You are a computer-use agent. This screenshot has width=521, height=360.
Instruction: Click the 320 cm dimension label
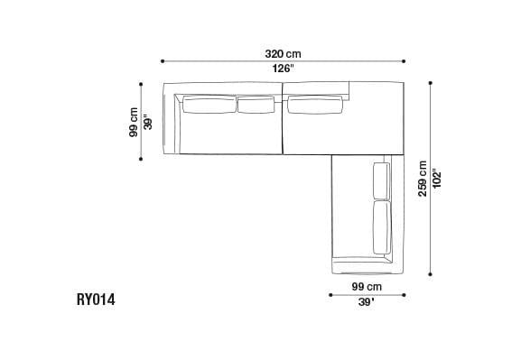click(x=283, y=53)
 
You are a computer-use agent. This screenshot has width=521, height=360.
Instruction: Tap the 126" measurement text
click(x=283, y=69)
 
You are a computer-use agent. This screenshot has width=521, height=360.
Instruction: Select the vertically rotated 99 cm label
click(x=134, y=122)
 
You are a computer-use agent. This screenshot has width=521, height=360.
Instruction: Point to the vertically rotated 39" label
click(x=149, y=122)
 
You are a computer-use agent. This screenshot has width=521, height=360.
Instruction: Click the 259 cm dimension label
click(x=423, y=178)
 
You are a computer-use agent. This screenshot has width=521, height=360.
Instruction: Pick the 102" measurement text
click(x=438, y=178)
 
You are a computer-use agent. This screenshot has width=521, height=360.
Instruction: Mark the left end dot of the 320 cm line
click(x=163, y=61)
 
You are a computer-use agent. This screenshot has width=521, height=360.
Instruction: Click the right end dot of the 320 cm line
click(x=405, y=61)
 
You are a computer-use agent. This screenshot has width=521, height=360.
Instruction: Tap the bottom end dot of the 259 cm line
click(x=431, y=273)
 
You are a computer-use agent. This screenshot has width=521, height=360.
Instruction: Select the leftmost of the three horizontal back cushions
click(x=209, y=105)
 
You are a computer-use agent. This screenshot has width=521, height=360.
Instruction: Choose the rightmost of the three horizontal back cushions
click(x=315, y=105)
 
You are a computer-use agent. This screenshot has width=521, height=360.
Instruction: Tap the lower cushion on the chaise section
click(x=381, y=228)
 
